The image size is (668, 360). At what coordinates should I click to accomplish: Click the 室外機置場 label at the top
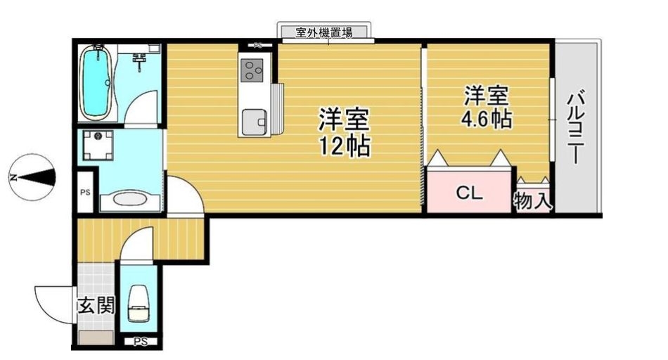(323, 32)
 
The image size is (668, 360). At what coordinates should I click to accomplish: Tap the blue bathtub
(96, 82)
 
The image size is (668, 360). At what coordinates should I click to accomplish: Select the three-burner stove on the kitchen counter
(252, 70)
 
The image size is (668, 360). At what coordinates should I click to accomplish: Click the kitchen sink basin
(255, 122)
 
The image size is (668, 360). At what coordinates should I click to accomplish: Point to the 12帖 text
(345, 146)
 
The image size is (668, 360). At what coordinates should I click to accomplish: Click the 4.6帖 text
(487, 119)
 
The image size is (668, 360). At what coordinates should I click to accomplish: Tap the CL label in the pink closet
(469, 193)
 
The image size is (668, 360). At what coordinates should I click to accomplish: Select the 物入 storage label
(532, 200)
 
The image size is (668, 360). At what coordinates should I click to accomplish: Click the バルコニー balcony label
(575, 127)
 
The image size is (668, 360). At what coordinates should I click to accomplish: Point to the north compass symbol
(32, 177)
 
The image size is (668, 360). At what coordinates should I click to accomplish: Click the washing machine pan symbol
(98, 146)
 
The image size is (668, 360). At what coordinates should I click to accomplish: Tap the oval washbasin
(130, 200)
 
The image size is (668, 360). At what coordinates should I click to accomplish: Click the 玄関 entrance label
(96, 305)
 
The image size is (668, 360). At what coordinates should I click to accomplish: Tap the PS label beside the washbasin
(85, 192)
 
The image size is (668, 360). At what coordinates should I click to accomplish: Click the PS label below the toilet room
(140, 341)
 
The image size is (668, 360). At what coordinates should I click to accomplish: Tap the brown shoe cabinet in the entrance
(96, 337)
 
